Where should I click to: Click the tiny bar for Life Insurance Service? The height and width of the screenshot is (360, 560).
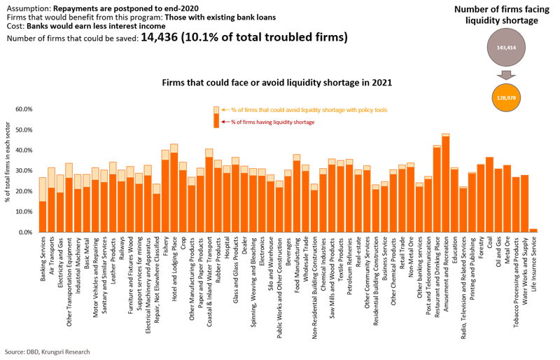tap(533, 229)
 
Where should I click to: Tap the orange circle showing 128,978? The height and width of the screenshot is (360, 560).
tap(505, 97)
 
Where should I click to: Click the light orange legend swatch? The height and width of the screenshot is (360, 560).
tap(217, 110)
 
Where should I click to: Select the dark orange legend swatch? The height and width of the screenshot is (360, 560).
tap(217, 122)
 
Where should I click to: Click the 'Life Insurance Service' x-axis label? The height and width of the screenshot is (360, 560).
tap(533, 259)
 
